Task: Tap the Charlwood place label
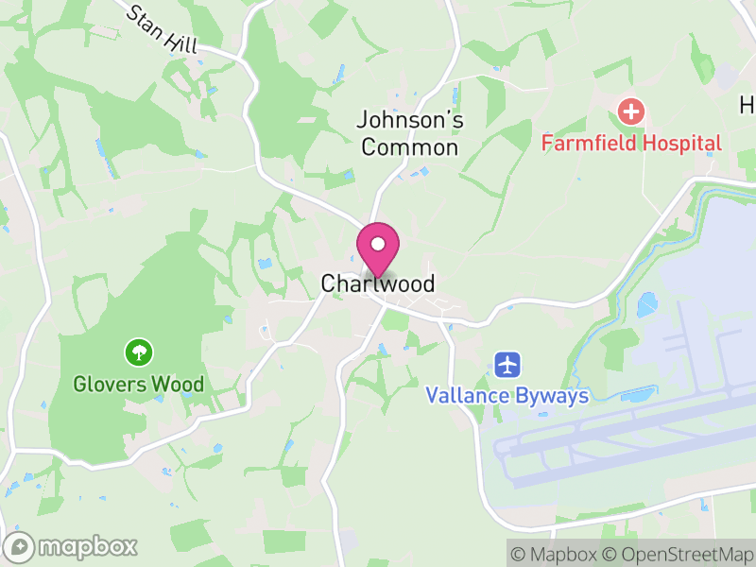point(378,283)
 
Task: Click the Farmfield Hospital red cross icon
point(631,112)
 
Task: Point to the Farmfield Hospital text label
point(631,144)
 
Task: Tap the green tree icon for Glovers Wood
point(139,353)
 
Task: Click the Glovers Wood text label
point(139,385)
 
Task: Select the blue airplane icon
point(508,364)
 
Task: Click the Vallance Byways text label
point(507,395)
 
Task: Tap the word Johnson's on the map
point(410,120)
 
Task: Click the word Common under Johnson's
point(410,147)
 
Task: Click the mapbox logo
point(72,546)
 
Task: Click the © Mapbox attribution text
point(557,553)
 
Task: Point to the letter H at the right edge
point(747,104)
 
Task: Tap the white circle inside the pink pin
point(378,243)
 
